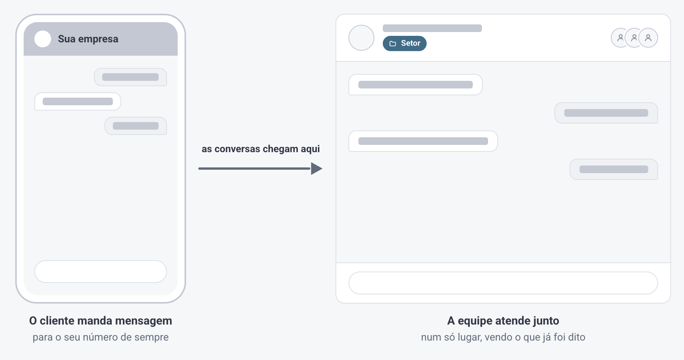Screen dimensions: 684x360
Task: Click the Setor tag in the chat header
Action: click(x=405, y=43)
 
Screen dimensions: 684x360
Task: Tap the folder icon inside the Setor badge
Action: click(x=393, y=43)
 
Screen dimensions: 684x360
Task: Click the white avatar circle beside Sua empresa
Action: click(x=43, y=39)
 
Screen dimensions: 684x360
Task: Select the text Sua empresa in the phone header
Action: click(x=88, y=39)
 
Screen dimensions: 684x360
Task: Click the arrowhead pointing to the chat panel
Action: click(x=316, y=169)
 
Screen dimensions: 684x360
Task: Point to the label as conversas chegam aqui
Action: click(x=261, y=149)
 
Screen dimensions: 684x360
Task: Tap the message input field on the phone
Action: click(x=101, y=272)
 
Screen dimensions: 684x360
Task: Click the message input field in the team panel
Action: click(x=503, y=283)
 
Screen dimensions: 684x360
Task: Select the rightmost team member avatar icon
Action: click(x=648, y=38)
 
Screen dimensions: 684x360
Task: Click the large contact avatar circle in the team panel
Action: click(x=361, y=38)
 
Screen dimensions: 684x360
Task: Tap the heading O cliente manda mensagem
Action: click(x=101, y=321)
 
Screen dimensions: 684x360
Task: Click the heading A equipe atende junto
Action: click(x=503, y=321)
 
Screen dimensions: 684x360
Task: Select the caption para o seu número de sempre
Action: click(x=101, y=337)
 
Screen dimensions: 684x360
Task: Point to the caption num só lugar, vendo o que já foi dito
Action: click(x=503, y=337)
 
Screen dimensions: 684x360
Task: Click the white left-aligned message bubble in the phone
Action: click(x=78, y=101)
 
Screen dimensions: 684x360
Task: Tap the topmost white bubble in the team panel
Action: click(x=416, y=85)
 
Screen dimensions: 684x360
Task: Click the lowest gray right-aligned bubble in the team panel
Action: click(x=614, y=169)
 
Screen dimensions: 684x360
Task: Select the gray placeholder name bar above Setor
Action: click(x=432, y=28)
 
